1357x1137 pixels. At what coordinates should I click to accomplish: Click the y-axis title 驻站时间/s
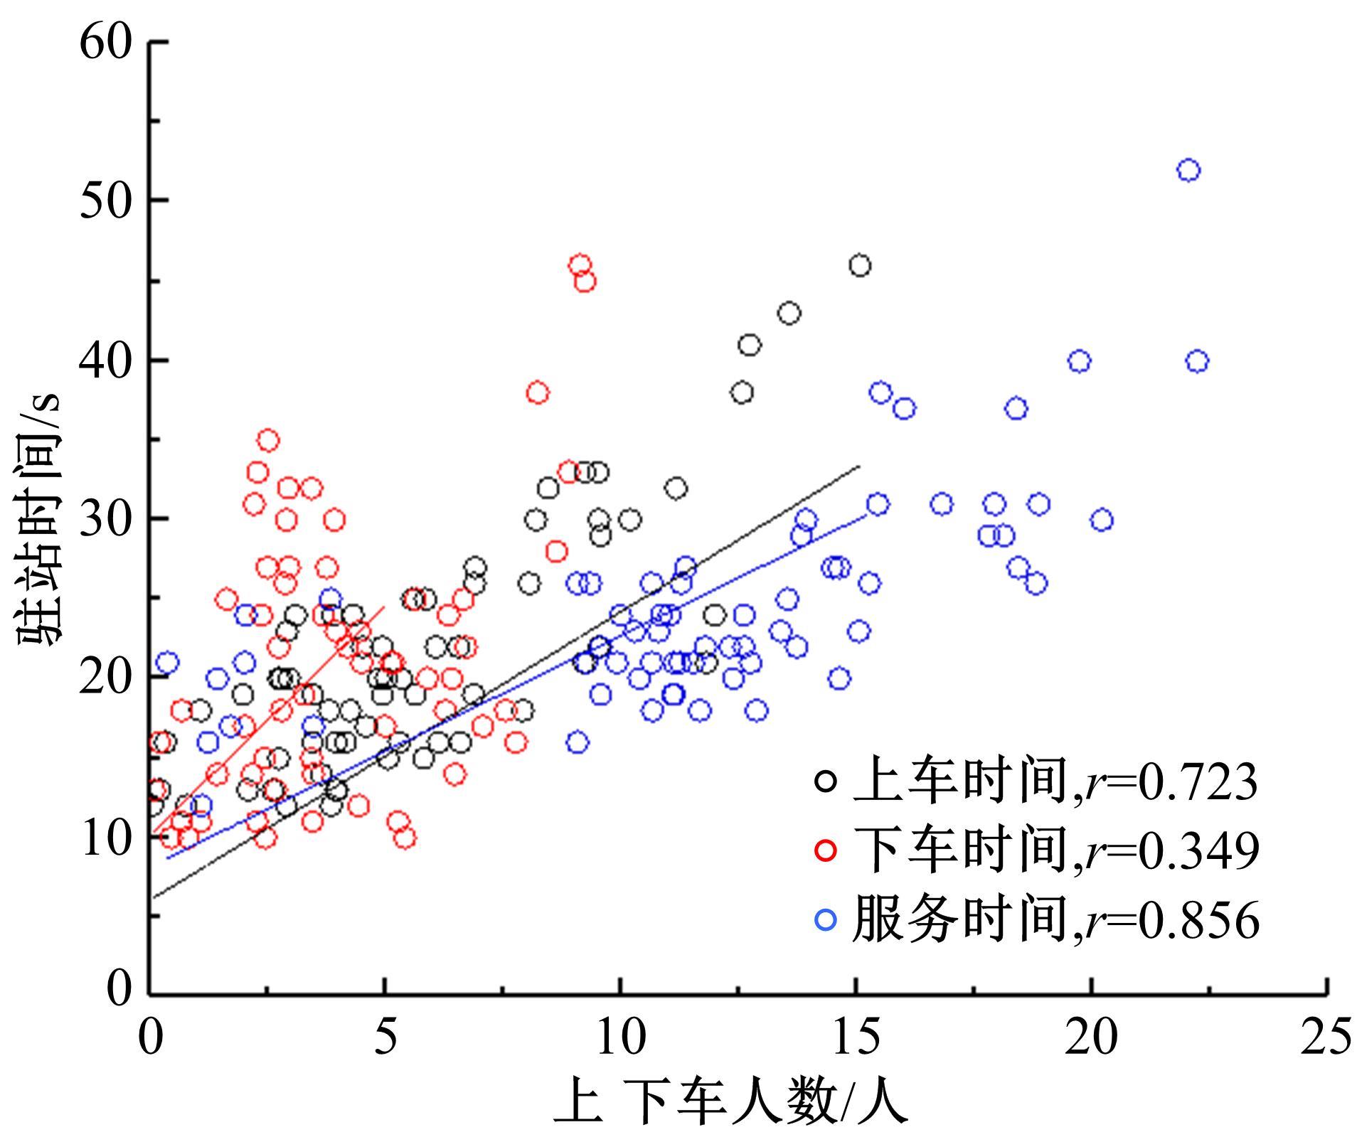[39, 519]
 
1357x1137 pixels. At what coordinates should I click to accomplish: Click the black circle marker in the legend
[826, 781]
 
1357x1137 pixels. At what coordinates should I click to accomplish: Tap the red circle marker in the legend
[826, 850]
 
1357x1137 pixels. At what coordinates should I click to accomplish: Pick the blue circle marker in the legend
[826, 920]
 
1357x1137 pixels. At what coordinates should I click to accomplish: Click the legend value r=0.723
[1167, 782]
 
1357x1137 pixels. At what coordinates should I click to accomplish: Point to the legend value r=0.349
[1167, 851]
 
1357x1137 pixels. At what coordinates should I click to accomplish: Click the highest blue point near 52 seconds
[1188, 171]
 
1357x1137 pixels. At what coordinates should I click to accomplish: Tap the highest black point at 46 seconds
[860, 266]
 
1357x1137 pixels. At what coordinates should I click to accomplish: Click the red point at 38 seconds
[538, 393]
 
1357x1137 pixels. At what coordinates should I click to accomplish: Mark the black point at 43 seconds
[789, 314]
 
